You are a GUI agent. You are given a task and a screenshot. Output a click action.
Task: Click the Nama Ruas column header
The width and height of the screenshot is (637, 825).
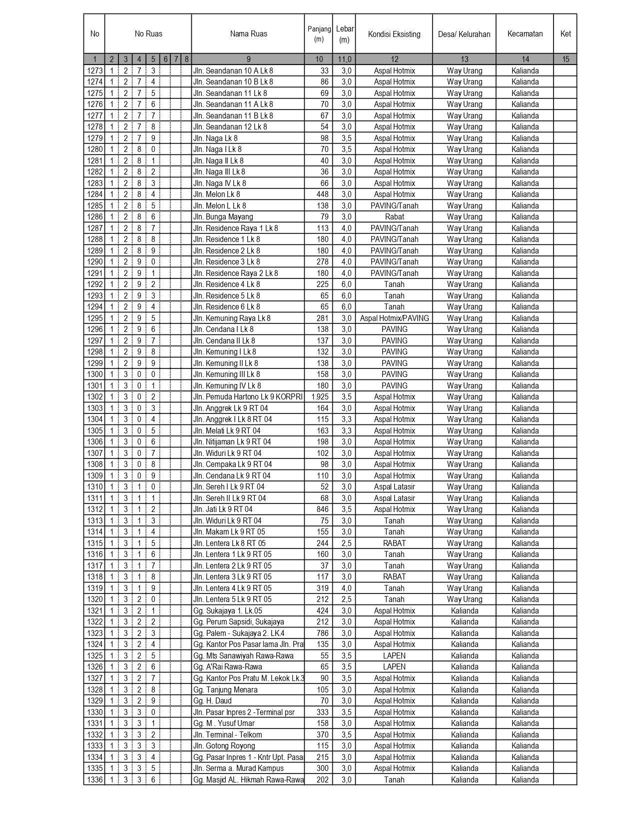[248, 34]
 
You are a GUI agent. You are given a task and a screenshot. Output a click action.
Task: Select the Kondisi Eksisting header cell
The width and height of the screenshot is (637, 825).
[394, 34]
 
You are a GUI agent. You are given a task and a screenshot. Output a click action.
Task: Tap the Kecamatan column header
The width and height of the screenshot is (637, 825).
[525, 34]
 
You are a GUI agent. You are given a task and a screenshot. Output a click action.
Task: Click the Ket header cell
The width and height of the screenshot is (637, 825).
[565, 34]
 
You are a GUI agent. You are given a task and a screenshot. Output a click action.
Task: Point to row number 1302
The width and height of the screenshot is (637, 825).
[95, 397]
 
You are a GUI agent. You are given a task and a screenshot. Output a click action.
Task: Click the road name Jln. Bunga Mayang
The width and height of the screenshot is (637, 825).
[223, 217]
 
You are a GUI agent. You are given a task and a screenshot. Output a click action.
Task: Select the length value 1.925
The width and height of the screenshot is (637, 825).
[320, 397]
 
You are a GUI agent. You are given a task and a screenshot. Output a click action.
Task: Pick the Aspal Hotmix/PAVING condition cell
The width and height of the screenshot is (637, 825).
[394, 318]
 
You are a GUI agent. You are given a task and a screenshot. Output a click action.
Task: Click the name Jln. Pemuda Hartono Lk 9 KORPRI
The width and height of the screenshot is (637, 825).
[248, 397]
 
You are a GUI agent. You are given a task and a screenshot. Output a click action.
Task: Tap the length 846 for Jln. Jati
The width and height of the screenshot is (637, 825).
[323, 509]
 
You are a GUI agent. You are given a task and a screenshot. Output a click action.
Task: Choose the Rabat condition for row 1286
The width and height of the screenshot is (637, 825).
[394, 217]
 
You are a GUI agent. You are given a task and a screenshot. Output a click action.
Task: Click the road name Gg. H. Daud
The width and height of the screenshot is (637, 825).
[213, 701]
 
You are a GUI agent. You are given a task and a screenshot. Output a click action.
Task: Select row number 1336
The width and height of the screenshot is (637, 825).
[95, 780]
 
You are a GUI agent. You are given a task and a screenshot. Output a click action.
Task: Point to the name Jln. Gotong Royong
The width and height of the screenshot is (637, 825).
[224, 746]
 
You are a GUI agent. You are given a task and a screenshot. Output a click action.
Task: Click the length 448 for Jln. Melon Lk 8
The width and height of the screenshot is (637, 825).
[323, 194]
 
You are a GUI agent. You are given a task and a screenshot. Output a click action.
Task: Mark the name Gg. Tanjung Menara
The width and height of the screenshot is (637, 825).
[225, 690]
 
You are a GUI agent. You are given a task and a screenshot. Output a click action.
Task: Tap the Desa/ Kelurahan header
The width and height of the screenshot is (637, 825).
[464, 34]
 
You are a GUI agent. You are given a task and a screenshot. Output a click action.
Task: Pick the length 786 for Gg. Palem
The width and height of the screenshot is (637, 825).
[323, 633]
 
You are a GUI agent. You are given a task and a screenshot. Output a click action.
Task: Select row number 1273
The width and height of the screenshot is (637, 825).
[95, 71]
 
